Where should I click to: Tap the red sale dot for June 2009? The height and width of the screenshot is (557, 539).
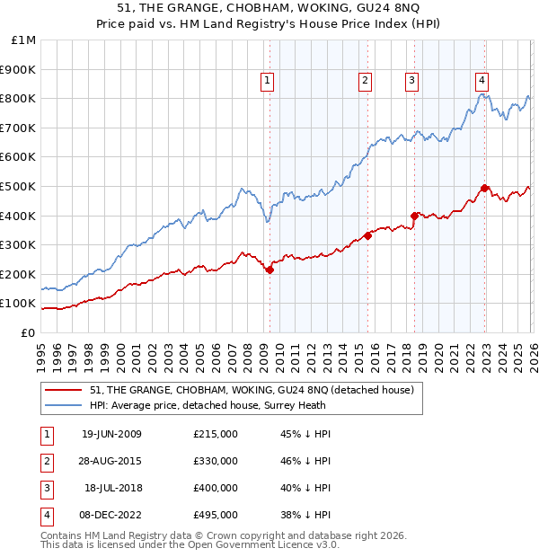point(269,270)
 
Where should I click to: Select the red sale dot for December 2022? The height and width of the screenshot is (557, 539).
point(484,188)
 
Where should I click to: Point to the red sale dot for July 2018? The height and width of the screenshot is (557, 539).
point(414,216)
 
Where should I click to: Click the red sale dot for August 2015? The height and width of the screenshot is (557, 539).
point(367,236)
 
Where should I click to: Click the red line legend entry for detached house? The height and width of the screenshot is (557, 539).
point(252,390)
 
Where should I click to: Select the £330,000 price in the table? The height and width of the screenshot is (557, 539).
point(215,461)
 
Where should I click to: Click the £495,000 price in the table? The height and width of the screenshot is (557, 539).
point(215,515)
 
